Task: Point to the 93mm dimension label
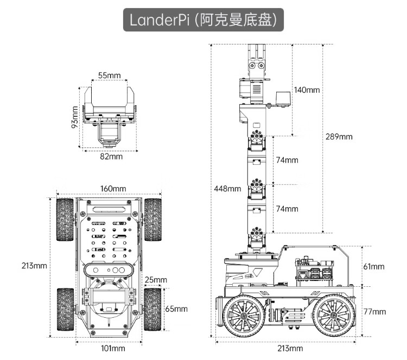tap(75, 115)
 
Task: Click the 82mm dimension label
tap(111, 156)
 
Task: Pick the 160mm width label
tap(113, 188)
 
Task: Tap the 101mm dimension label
tap(113, 348)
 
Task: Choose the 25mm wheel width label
tap(156, 280)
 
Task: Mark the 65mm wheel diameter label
tap(176, 308)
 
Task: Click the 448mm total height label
tap(227, 189)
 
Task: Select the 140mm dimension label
tap(307, 89)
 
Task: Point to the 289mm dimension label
tap(339, 137)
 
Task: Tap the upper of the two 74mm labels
tap(287, 160)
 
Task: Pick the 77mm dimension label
tap(374, 311)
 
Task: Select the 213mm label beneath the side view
tap(290, 348)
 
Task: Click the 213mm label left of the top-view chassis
tap(34, 266)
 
